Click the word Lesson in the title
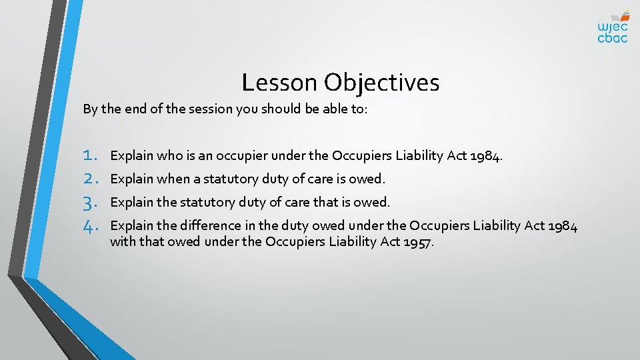(280, 83)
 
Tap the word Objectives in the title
(382, 83)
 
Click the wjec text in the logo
(612, 27)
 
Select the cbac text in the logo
(612, 39)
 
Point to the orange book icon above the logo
(623, 15)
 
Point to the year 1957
(419, 241)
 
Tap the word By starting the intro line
(89, 109)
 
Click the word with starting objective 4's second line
(121, 241)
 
